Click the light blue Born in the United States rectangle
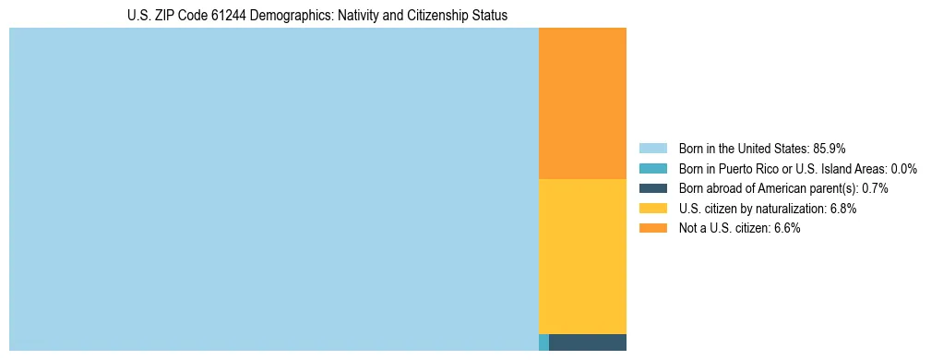tap(273, 189)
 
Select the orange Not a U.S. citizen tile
tap(582, 103)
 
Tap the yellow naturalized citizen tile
tap(582, 256)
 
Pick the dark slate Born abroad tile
tap(588, 342)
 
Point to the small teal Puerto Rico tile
tap(543, 342)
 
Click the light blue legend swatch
tap(652, 149)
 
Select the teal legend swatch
tap(652, 169)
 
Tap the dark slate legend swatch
tap(652, 188)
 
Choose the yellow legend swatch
tap(652, 209)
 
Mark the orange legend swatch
tap(652, 229)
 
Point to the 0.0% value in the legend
tap(903, 169)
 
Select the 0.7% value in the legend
tap(875, 188)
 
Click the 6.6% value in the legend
tap(786, 229)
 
